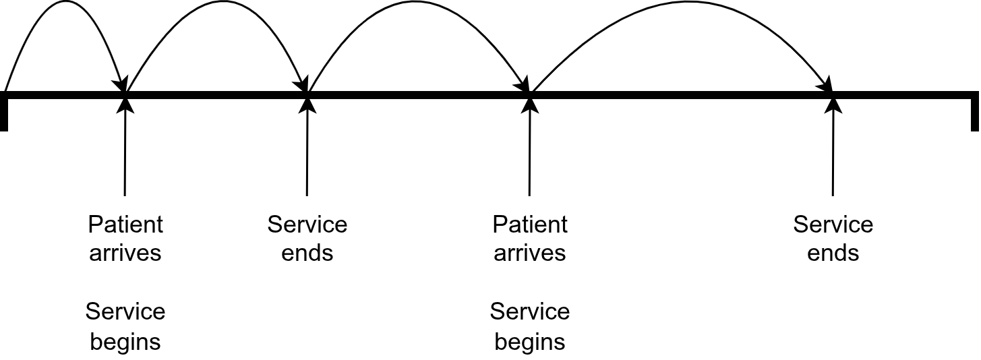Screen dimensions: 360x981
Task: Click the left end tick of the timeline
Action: (4, 112)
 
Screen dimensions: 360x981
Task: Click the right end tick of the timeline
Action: (974, 112)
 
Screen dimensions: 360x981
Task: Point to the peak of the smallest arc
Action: (65, 2)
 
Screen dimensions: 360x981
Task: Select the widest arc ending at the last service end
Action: (681, 4)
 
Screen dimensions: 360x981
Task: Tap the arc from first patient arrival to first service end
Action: (216, 3)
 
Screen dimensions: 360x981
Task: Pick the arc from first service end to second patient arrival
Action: (418, 3)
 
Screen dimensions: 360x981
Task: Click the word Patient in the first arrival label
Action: (125, 224)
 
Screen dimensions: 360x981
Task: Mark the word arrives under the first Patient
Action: (125, 253)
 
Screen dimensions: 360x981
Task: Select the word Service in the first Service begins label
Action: (125, 311)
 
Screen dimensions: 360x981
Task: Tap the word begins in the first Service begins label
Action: (125, 342)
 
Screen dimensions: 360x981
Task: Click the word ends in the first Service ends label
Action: (307, 253)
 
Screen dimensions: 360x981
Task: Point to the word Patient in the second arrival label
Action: (530, 224)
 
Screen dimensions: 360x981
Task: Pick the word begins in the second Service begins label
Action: (530, 342)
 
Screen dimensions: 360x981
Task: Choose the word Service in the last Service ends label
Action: (833, 224)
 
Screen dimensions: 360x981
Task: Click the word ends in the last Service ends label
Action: (833, 253)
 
